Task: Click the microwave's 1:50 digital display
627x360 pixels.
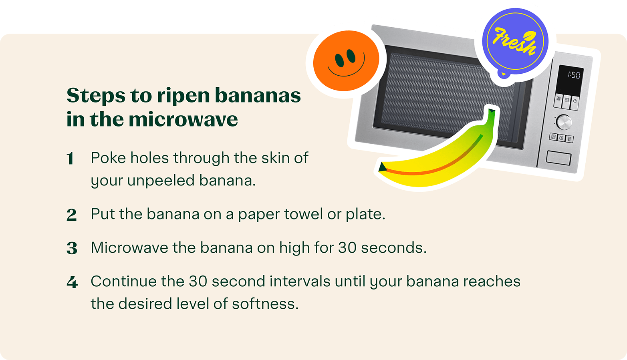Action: tap(574, 75)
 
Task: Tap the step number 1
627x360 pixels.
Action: tap(71, 159)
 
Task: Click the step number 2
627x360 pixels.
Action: tap(71, 215)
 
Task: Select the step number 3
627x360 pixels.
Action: tap(72, 249)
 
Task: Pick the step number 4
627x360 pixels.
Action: tap(72, 282)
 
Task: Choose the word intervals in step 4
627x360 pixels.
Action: tap(300, 281)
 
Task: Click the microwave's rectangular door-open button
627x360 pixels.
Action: tap(558, 158)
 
